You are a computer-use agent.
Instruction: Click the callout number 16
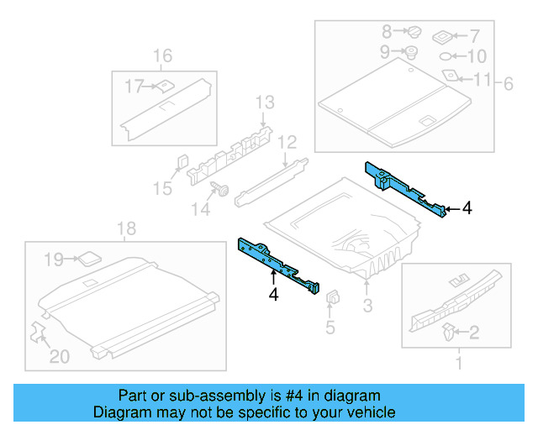[162, 56]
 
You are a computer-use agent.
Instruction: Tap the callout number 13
[265, 102]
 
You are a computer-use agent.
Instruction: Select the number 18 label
[125, 229]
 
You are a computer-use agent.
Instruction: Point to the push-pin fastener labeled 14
[224, 189]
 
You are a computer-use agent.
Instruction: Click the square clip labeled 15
[182, 162]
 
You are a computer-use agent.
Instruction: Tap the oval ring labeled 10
[447, 57]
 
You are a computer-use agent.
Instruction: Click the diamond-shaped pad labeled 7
[443, 37]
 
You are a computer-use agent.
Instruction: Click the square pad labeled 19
[87, 259]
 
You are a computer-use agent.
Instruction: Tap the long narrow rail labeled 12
[268, 180]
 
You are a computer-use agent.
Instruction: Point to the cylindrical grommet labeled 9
[412, 53]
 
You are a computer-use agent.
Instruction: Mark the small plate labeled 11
[450, 76]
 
